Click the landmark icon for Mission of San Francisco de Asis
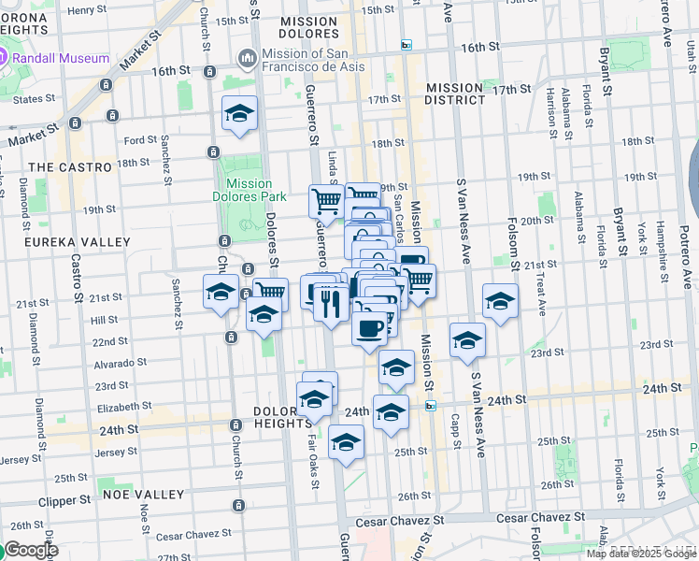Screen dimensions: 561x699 [248, 59]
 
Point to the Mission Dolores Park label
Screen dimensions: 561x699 [249, 191]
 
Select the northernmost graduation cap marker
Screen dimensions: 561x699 [240, 114]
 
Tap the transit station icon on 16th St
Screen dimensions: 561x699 [407, 45]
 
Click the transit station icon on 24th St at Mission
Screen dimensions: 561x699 [431, 406]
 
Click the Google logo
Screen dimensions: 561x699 [30, 550]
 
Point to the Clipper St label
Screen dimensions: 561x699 [64, 501]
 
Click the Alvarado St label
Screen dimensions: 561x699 [119, 363]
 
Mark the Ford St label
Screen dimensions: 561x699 [140, 141]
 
